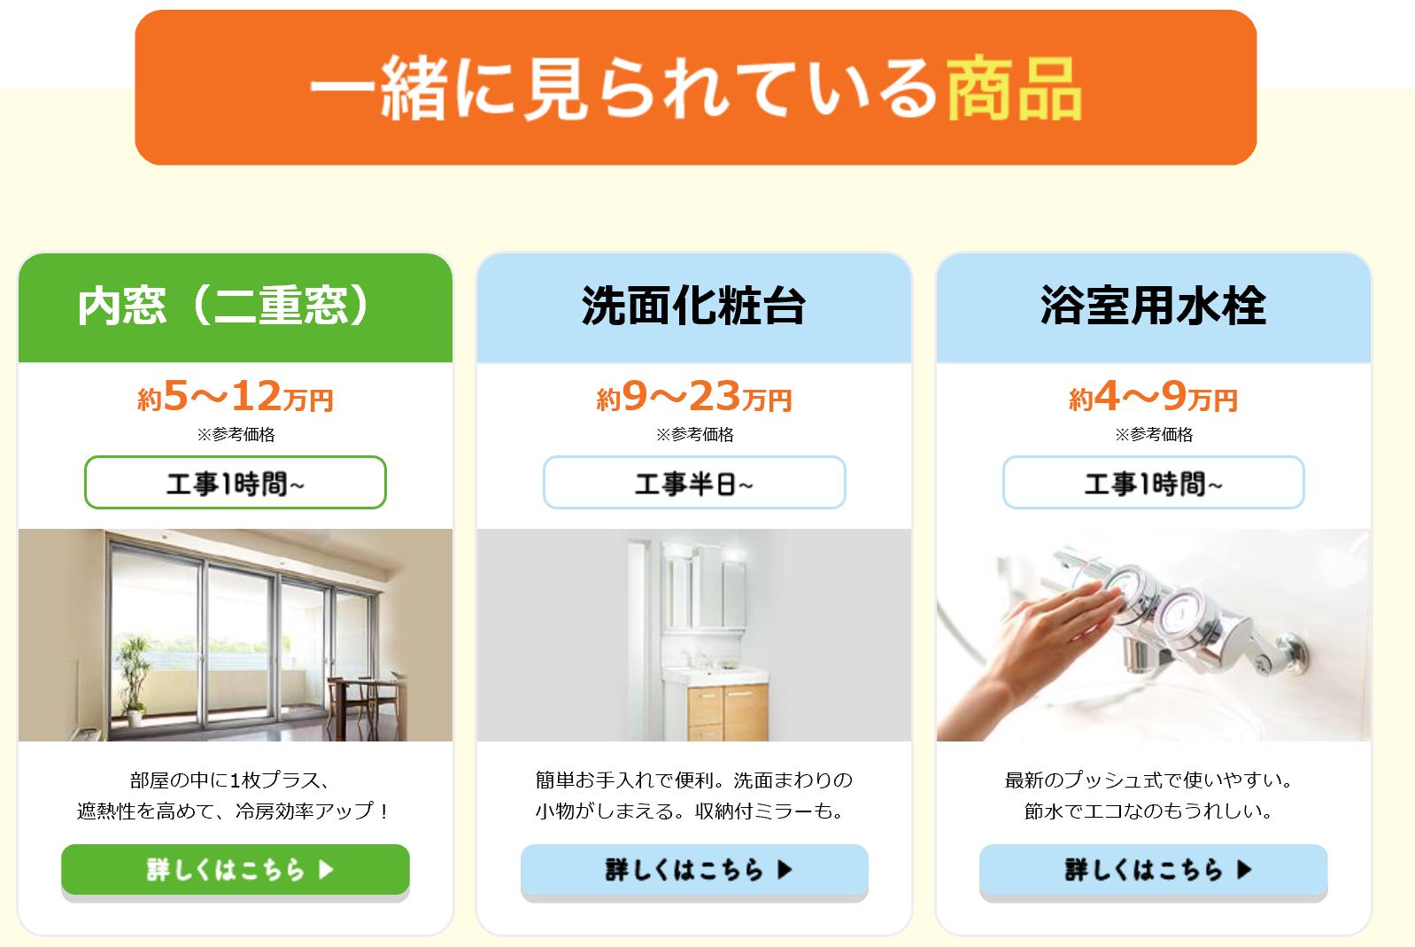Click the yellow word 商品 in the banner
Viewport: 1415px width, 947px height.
(x=1014, y=89)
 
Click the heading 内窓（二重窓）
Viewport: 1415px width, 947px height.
(x=223, y=306)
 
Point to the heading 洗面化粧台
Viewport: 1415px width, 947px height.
(x=693, y=306)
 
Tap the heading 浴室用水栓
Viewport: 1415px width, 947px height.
(x=1154, y=306)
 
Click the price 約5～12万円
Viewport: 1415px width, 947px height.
(x=235, y=397)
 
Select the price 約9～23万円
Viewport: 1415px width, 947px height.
(x=694, y=397)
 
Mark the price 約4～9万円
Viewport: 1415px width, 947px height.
(x=1154, y=397)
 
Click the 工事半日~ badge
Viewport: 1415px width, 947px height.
(x=694, y=482)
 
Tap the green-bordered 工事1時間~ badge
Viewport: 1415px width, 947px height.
(x=235, y=482)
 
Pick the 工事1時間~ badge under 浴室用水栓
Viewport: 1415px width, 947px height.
(x=1154, y=482)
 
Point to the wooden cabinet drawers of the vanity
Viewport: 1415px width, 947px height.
(x=728, y=712)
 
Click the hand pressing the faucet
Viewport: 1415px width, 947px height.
(x=1036, y=651)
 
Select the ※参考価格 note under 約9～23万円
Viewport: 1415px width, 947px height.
(x=694, y=435)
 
